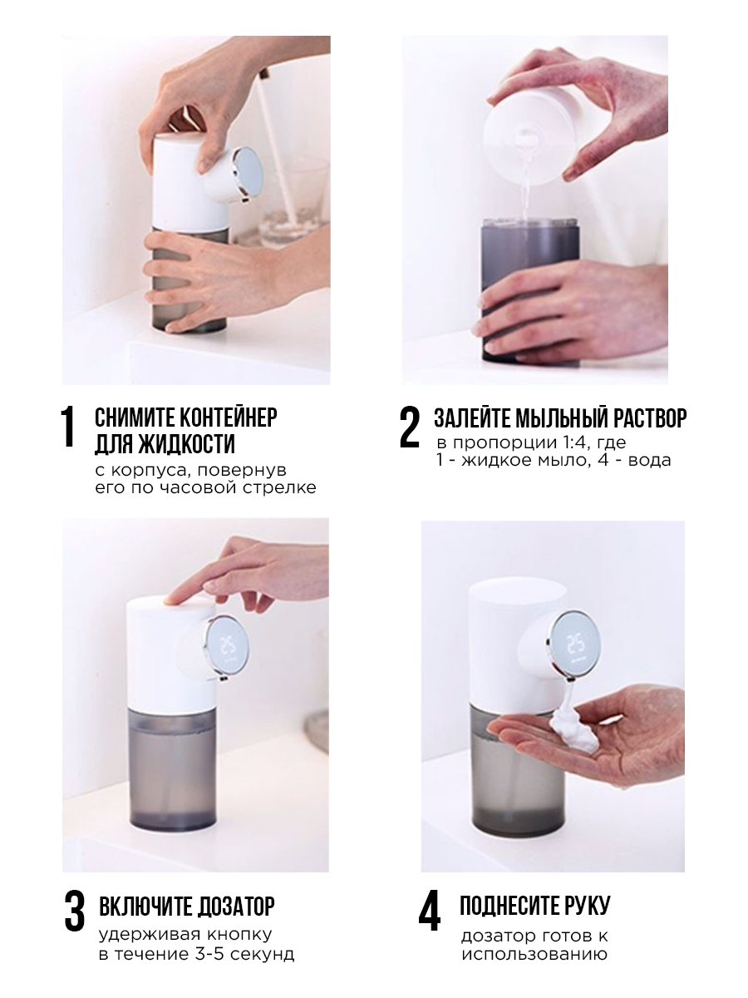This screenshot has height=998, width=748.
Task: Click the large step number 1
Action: coord(68,427)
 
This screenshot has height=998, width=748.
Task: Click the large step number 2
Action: coord(409,427)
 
